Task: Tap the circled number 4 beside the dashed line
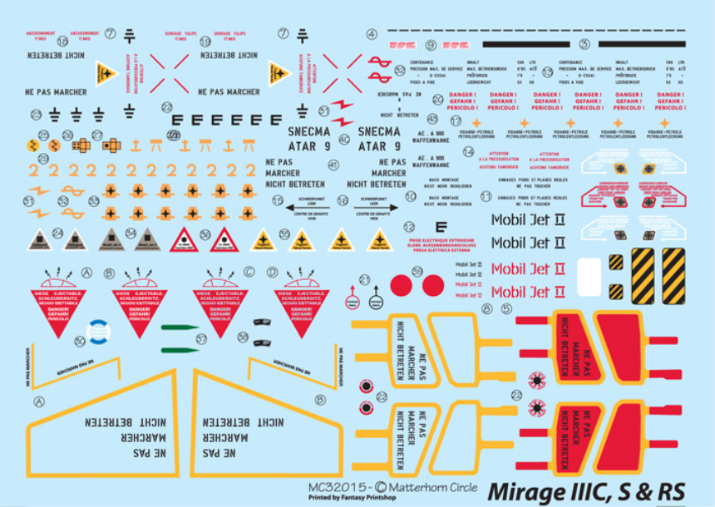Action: click(x=371, y=34)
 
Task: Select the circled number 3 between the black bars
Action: click(x=584, y=44)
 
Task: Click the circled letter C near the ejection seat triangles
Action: click(x=249, y=272)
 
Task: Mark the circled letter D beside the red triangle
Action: click(x=272, y=272)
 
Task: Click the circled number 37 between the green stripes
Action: click(x=201, y=338)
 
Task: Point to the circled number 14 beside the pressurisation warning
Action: click(x=469, y=152)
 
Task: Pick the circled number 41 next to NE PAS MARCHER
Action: click(x=333, y=165)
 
